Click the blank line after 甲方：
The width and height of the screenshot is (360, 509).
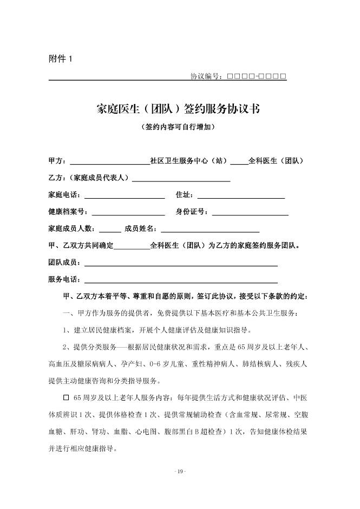(x=109, y=161)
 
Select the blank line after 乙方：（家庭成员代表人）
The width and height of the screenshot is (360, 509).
(x=181, y=178)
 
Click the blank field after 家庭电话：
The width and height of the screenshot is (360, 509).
(x=124, y=195)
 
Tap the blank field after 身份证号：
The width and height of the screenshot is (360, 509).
(x=250, y=212)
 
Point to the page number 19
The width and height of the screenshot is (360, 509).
(x=180, y=472)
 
